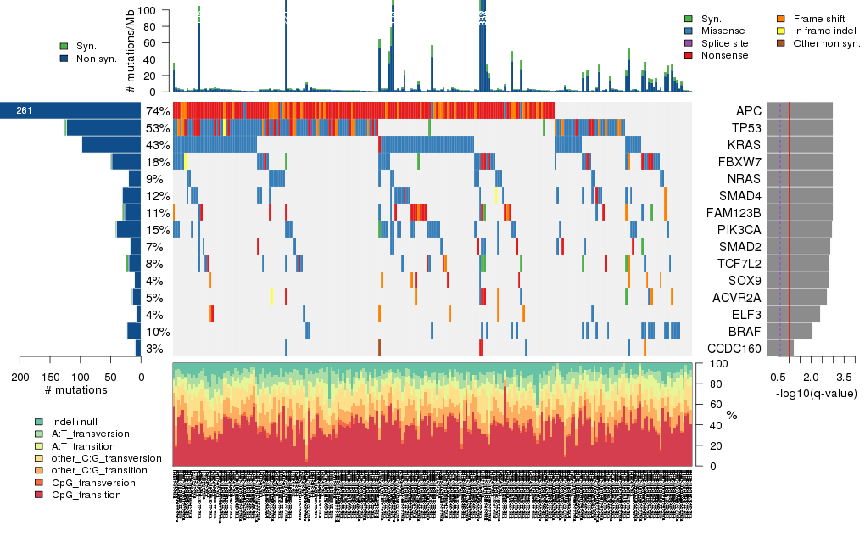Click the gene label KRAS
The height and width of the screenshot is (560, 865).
click(x=750, y=145)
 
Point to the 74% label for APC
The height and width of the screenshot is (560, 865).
click(x=158, y=111)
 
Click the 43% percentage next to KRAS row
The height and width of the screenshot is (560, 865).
click(x=158, y=145)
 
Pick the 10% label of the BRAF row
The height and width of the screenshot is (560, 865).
click(x=158, y=332)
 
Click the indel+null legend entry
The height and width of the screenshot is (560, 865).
click(x=77, y=422)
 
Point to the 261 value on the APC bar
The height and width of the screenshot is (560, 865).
click(x=25, y=111)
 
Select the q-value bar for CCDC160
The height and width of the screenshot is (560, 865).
click(x=780, y=349)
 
